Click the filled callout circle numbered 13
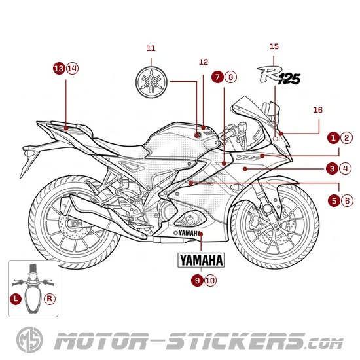pos(59,68)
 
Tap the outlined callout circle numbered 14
pos(71,68)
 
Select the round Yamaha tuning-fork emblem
pos(151,82)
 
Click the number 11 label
pos(151,48)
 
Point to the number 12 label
pos(203,62)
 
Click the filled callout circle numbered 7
pos(217,77)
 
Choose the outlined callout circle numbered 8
pos(230,77)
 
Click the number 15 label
pos(274,46)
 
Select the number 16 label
pos(318,110)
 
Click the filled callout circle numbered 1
pos(334,138)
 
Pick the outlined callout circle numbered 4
pos(346,169)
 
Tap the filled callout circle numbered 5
pos(334,200)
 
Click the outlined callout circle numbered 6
pos(346,200)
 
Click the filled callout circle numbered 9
pos(197,280)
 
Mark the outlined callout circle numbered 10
pos(209,280)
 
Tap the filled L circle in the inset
pos(16,298)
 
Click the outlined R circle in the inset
pos(49,298)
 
